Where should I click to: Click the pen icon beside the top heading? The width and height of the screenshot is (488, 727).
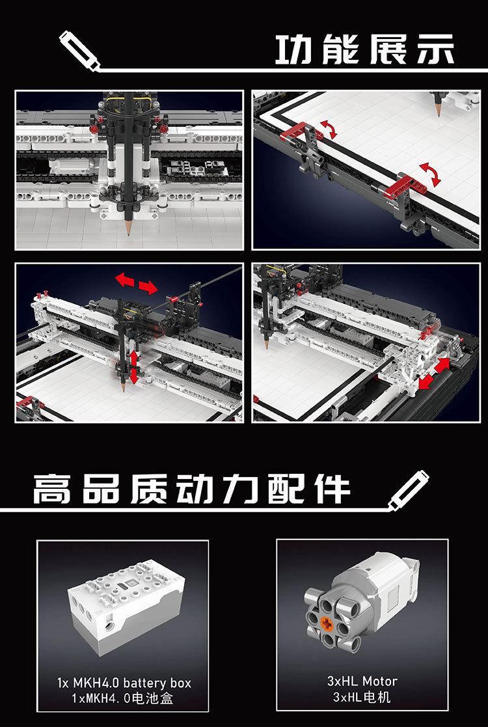click(79, 51)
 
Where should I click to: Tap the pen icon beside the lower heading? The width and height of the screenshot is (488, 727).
click(408, 491)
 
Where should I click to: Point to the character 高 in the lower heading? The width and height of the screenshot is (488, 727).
click(51, 489)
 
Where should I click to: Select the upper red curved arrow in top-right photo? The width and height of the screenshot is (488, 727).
click(328, 130)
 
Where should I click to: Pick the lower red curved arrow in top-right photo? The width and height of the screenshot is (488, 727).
click(430, 174)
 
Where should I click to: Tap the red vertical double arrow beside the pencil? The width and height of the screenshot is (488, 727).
click(134, 367)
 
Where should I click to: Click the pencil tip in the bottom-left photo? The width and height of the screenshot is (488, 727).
click(124, 389)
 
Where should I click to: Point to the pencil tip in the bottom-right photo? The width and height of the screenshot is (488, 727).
click(267, 347)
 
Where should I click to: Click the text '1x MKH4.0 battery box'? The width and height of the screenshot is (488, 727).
click(124, 683)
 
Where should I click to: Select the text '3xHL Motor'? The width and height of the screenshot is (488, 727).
click(362, 681)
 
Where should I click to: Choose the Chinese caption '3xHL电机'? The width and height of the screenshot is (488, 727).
click(362, 697)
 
